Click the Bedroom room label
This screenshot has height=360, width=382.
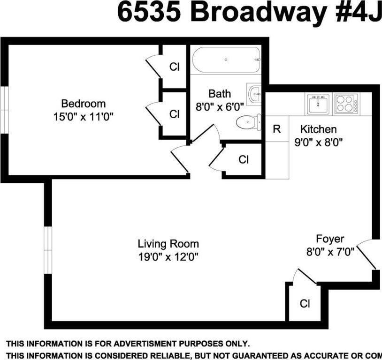tap(84, 104)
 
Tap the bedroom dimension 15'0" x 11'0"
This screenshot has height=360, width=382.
tap(84, 117)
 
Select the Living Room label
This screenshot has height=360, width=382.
tap(168, 244)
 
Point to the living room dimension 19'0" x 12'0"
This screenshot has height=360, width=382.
tap(168, 256)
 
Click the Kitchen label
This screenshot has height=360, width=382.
tap(319, 129)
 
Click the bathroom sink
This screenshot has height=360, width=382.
tap(254, 93)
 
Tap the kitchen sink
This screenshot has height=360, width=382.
tap(318, 103)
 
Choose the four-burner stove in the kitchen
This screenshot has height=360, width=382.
tap(346, 103)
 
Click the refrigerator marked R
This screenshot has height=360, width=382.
tap(277, 129)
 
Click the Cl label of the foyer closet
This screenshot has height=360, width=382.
tap(305, 303)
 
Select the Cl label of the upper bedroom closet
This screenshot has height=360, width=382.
tap(174, 67)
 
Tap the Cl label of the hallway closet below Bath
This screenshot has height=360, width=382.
tap(243, 160)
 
